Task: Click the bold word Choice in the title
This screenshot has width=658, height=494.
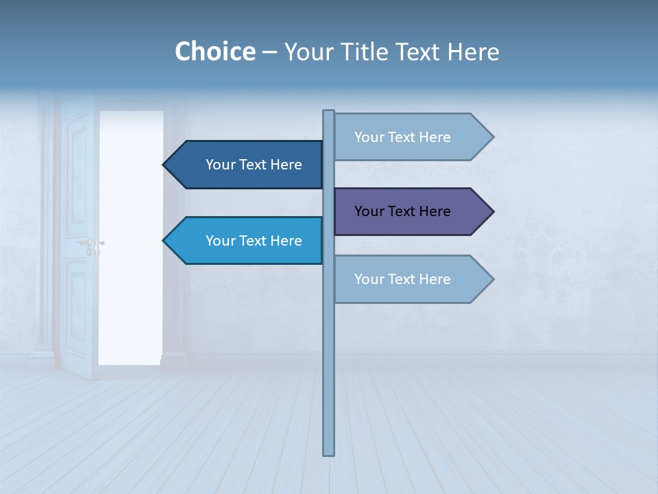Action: tap(215, 51)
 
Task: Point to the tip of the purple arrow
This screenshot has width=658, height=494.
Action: tap(492, 211)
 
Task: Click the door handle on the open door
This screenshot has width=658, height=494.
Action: tap(91, 244)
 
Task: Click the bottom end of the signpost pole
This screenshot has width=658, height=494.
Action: tap(328, 453)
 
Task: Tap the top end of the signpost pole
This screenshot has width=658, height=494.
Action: tap(328, 112)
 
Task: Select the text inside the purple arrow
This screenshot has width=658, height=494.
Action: tap(402, 211)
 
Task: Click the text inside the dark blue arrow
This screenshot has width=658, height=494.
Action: tap(254, 165)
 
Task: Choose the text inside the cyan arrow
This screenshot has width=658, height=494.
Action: tap(254, 241)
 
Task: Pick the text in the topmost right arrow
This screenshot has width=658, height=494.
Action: tap(402, 137)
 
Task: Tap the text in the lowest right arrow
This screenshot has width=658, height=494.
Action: tap(402, 279)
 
